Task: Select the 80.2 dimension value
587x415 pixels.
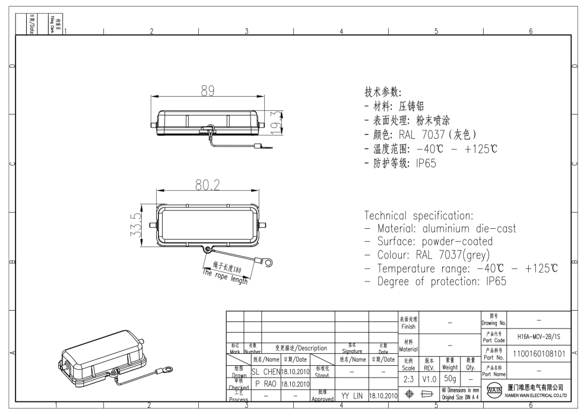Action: pos(208,185)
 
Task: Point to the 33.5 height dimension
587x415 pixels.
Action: pos(137,225)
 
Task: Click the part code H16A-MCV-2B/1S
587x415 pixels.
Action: pos(540,336)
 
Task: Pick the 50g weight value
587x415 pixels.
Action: pos(449,378)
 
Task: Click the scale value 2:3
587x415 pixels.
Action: pos(408,378)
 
